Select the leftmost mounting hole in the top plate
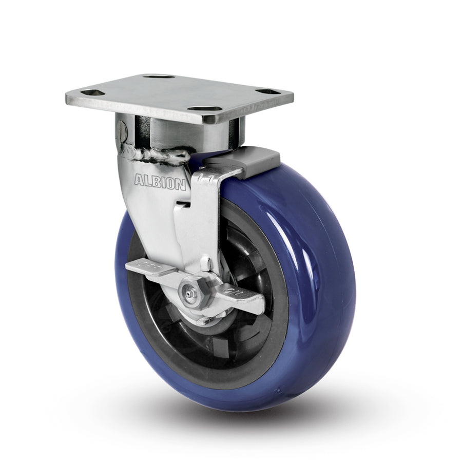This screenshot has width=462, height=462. pos(93,92)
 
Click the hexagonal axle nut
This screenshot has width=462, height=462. pos(192,294)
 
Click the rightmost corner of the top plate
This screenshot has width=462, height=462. pos(293,95)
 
